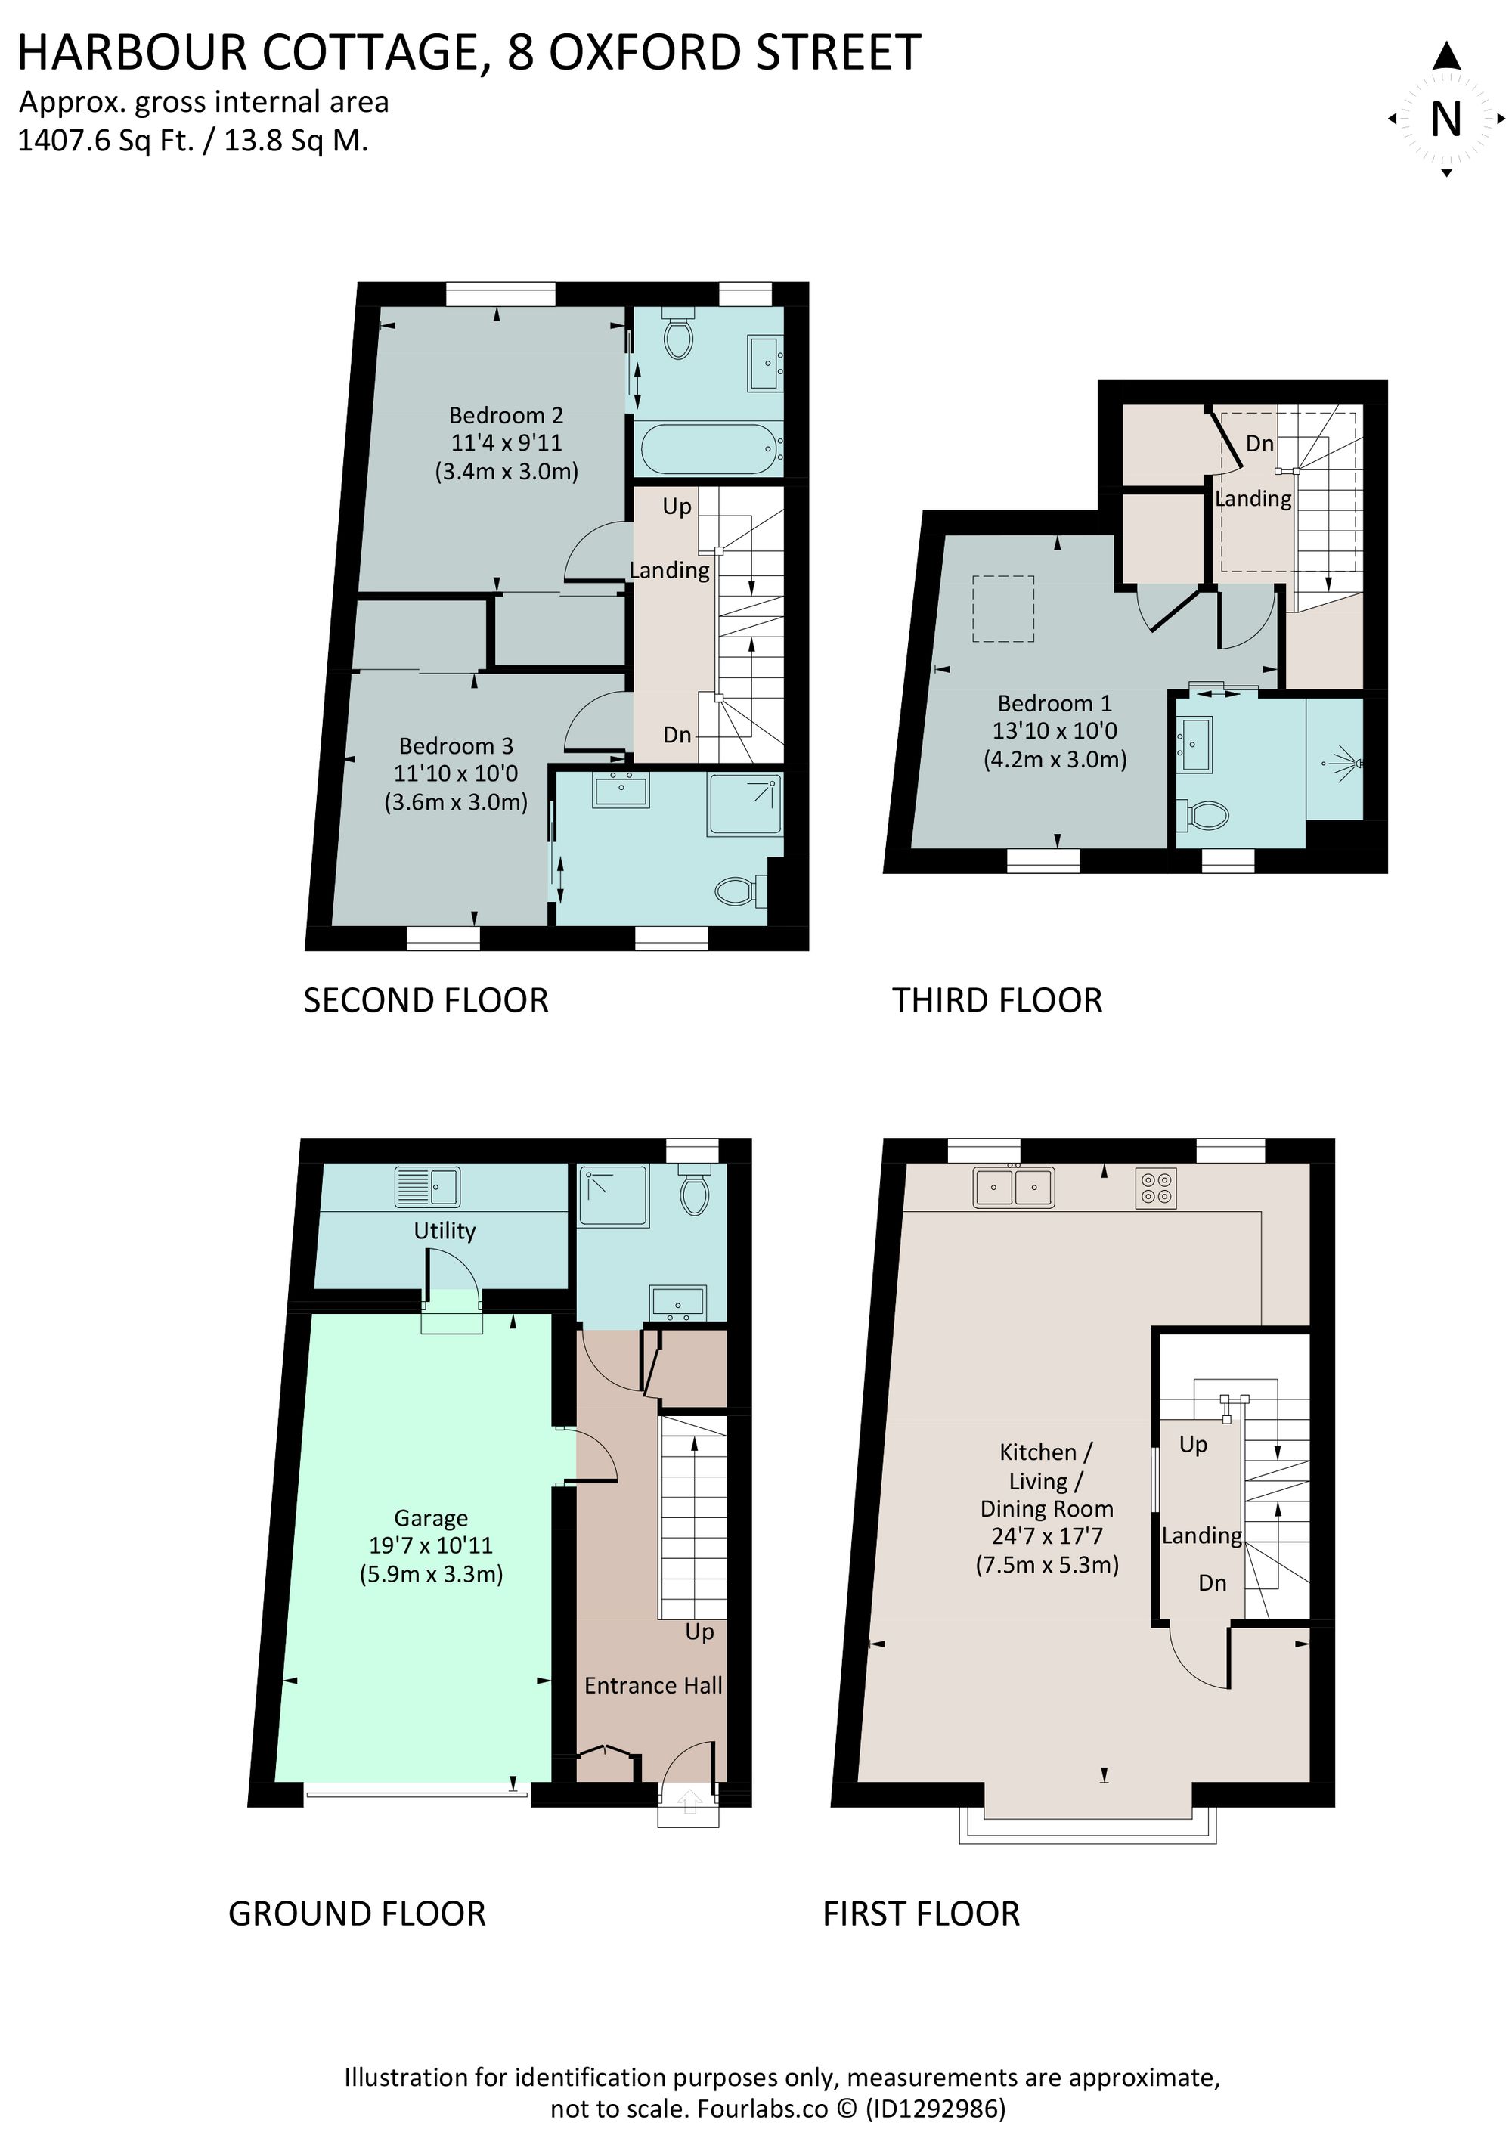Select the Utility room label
pos(444,1231)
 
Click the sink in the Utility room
pos(427,1188)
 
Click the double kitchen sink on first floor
pos(1014,1188)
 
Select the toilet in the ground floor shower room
pos(695,1192)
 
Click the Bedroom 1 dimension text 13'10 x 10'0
pos(1054,731)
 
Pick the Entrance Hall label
pos(652,1685)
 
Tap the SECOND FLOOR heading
pos(426,1001)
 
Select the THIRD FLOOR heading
pos(997,1001)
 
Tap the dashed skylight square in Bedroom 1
pos(1002,609)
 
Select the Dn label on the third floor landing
pos(1259,443)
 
